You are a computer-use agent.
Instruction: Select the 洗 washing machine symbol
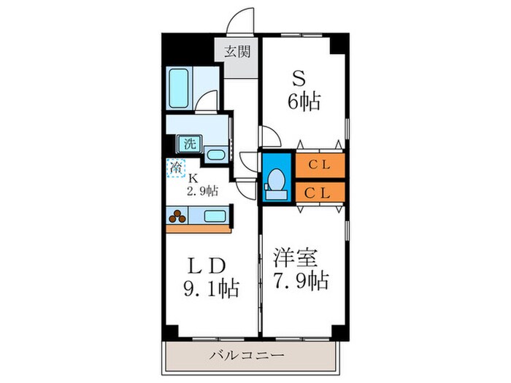point(189,144)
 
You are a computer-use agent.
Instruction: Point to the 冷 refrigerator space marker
point(176,168)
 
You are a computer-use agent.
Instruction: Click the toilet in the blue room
point(277,182)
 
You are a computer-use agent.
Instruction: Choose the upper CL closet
point(319,164)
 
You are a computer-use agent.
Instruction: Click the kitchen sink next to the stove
point(214,216)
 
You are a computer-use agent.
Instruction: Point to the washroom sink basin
point(215,154)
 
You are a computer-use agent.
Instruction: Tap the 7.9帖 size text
point(302,279)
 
